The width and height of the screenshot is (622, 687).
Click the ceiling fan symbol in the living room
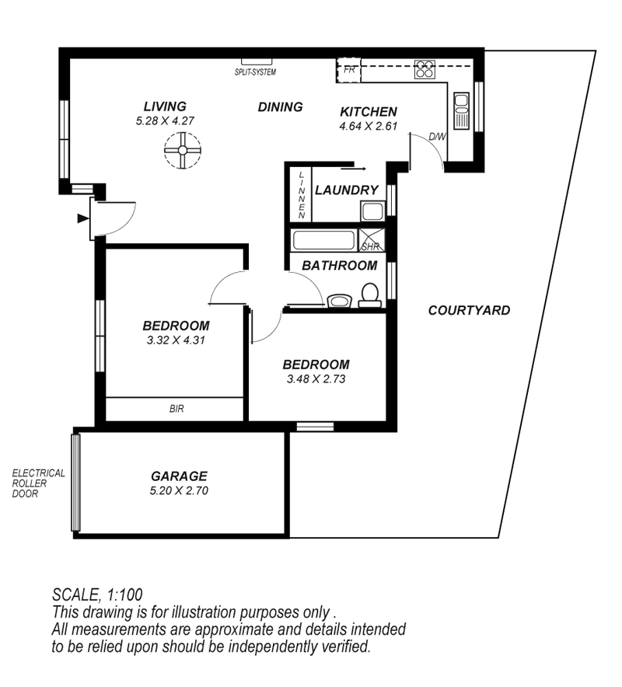183,150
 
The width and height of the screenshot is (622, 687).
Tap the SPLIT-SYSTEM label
255,71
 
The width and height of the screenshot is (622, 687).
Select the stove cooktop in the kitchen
425,69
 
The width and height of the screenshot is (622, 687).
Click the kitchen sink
461,111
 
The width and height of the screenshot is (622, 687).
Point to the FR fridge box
349,70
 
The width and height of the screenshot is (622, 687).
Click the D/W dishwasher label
437,137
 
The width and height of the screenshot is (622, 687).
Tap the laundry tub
372,211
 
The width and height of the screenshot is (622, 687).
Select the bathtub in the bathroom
324,240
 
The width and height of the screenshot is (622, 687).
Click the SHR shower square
372,240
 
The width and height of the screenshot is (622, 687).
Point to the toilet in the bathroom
370,295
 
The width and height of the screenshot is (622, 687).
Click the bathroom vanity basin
339,301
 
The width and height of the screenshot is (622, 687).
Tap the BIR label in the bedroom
176,409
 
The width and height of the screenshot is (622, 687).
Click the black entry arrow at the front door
83,218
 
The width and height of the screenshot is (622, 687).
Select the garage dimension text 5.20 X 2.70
179,490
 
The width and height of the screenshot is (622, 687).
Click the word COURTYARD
469,310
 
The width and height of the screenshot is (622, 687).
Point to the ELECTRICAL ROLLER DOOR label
39,483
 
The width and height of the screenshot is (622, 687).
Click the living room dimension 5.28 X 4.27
165,121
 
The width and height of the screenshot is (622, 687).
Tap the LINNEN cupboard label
302,195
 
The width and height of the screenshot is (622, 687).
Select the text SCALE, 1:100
97,595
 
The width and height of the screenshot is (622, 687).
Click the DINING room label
280,107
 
